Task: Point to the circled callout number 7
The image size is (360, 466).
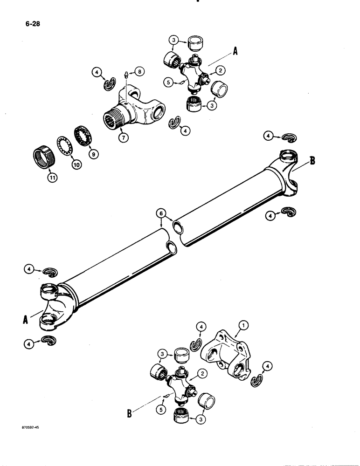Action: pyautogui.click(x=123, y=138)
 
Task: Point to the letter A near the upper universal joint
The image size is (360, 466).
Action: pyautogui.click(x=235, y=52)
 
